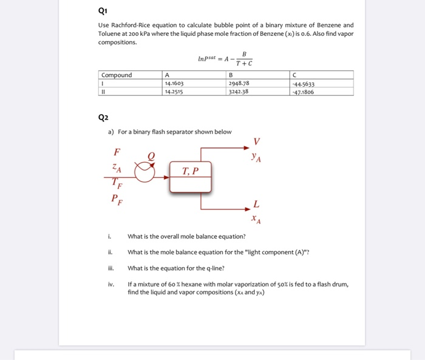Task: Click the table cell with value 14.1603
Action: [x=174, y=84]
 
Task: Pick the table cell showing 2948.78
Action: [x=239, y=84]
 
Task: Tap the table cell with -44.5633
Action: [x=304, y=84]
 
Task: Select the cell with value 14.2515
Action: [x=174, y=92]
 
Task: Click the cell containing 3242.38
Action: [x=239, y=92]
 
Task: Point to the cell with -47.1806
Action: [x=304, y=92]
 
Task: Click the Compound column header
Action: [x=117, y=76]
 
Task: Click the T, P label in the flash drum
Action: [x=191, y=171]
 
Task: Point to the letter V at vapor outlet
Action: [x=256, y=141]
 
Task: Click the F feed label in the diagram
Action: [x=117, y=152]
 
